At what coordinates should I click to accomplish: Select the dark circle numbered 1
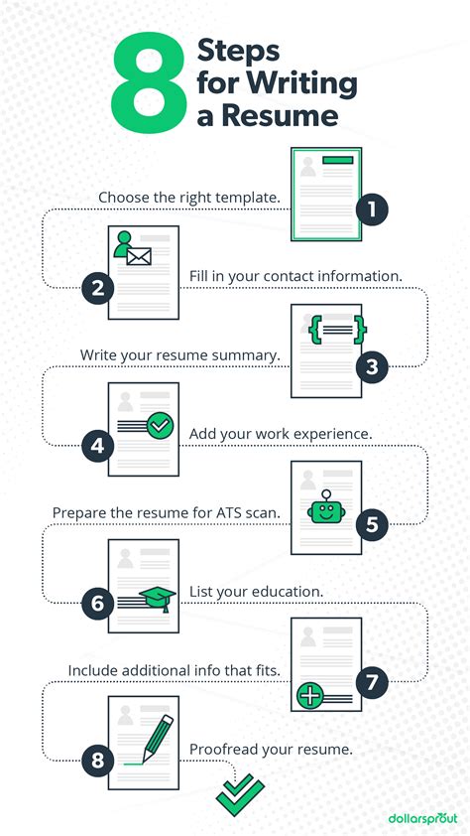372,209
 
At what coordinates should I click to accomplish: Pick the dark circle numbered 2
98,289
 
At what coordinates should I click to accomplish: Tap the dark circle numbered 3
372,366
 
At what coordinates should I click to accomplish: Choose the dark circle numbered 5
372,524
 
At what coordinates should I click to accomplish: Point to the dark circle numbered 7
372,681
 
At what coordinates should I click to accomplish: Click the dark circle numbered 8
98,761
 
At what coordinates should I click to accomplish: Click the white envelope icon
139,257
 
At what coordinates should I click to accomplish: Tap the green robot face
326,509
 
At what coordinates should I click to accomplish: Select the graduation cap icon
158,600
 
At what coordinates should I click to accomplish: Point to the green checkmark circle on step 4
161,426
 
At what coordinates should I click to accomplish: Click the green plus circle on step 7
309,696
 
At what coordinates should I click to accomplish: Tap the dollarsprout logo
422,818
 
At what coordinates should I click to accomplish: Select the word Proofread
220,749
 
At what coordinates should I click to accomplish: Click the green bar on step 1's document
337,160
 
